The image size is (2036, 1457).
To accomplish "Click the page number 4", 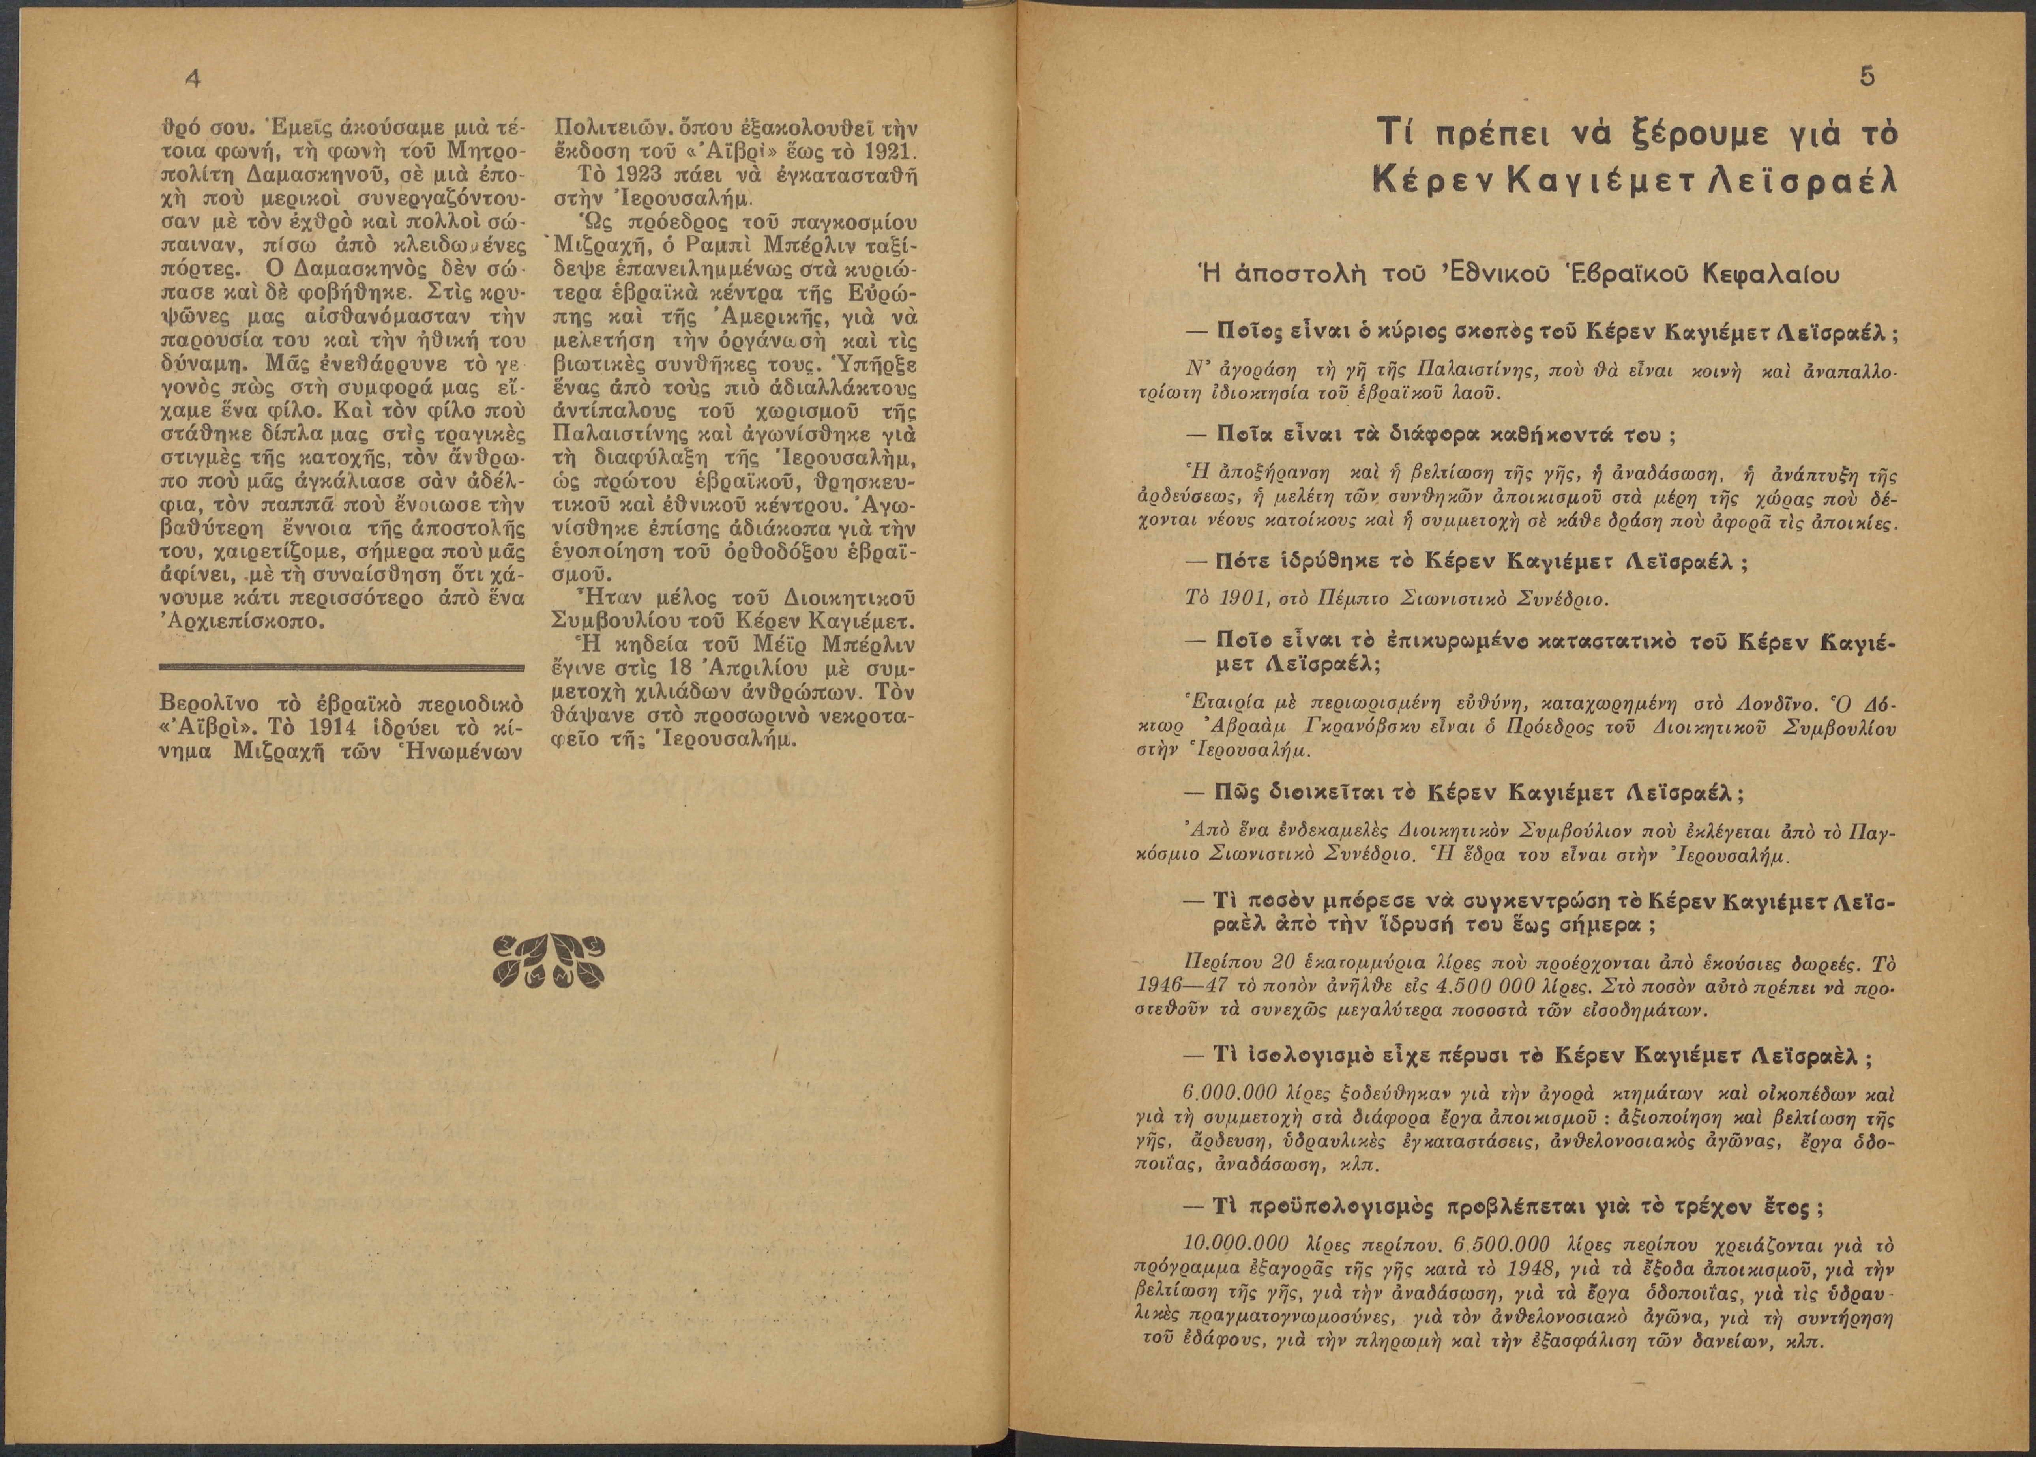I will [x=190, y=79].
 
